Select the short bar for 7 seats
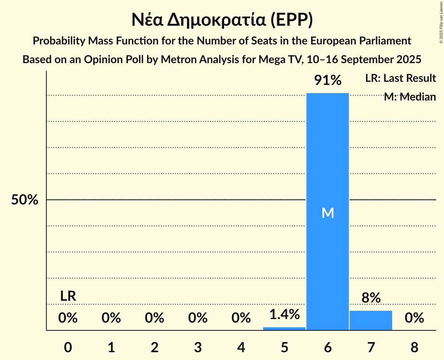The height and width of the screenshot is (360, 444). pyautogui.click(x=371, y=320)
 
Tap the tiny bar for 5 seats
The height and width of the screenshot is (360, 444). pyautogui.click(x=284, y=328)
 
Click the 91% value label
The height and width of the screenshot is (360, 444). pyautogui.click(x=328, y=81)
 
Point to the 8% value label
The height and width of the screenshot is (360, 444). pyautogui.click(x=371, y=298)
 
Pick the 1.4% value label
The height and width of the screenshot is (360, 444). pyautogui.click(x=284, y=314)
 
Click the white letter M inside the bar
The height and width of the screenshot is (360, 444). pyautogui.click(x=328, y=213)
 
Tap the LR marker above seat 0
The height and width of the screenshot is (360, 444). pyautogui.click(x=68, y=296)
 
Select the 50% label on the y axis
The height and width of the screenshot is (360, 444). pyautogui.click(x=25, y=200)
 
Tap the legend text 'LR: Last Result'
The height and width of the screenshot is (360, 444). pyautogui.click(x=400, y=78)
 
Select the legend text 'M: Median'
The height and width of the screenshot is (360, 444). pyautogui.click(x=410, y=97)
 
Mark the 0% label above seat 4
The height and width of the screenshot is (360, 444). pyautogui.click(x=241, y=318)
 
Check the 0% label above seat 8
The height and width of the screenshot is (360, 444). pyautogui.click(x=414, y=318)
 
